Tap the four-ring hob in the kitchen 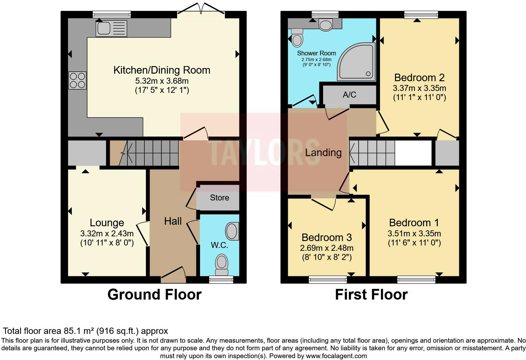click(x=77, y=81)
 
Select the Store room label click(x=219, y=198)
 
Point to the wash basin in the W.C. click(x=232, y=231)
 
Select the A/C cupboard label click(x=349, y=95)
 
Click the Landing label click(x=323, y=153)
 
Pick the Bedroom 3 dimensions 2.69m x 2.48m click(x=327, y=248)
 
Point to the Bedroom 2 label click(x=419, y=77)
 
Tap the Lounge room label click(x=107, y=222)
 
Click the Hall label click(x=173, y=221)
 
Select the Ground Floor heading click(x=154, y=295)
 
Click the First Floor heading click(x=371, y=295)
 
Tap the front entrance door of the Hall click(x=173, y=274)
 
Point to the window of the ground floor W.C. click(x=221, y=279)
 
